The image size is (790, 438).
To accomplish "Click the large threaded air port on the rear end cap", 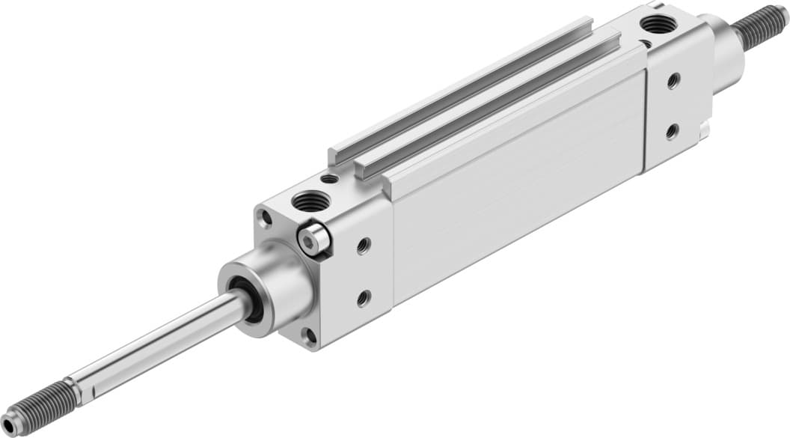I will [659, 25].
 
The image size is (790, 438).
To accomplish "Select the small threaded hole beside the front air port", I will [328, 179].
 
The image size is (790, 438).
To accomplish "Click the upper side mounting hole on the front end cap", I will [364, 245].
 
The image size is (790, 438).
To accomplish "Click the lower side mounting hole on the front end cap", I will [364, 298].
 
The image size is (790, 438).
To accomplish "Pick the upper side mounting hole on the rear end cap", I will [673, 80].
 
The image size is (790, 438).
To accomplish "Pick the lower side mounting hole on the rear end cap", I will [672, 132].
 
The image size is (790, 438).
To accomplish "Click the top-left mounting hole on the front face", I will [266, 219].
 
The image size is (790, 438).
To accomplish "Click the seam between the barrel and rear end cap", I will [645, 120].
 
